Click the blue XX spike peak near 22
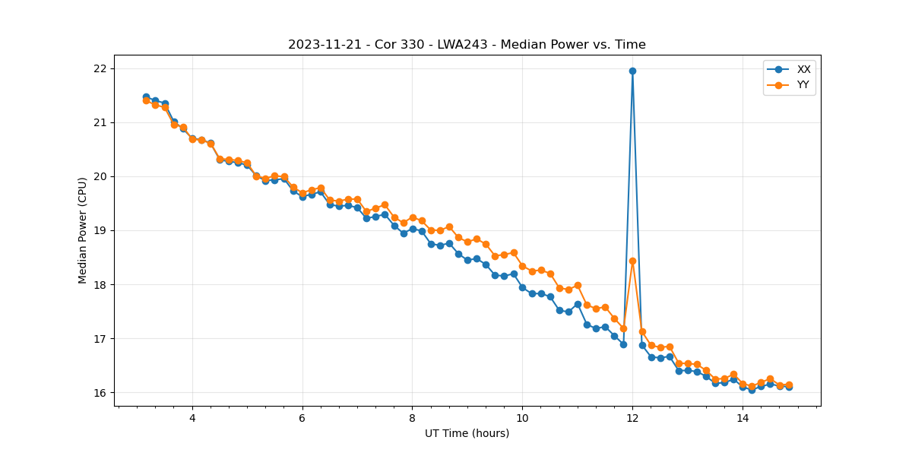coord(632,71)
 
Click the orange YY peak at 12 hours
coord(632,261)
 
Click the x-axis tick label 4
coord(192,418)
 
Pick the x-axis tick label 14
coord(743,418)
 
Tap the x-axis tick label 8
coord(412,418)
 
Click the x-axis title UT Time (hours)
coord(467,433)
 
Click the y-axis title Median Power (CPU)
coord(83,230)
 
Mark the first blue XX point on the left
coord(146,97)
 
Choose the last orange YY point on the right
coord(789,385)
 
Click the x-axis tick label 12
coord(632,418)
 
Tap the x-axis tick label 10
coord(522,418)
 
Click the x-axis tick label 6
coord(302,418)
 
